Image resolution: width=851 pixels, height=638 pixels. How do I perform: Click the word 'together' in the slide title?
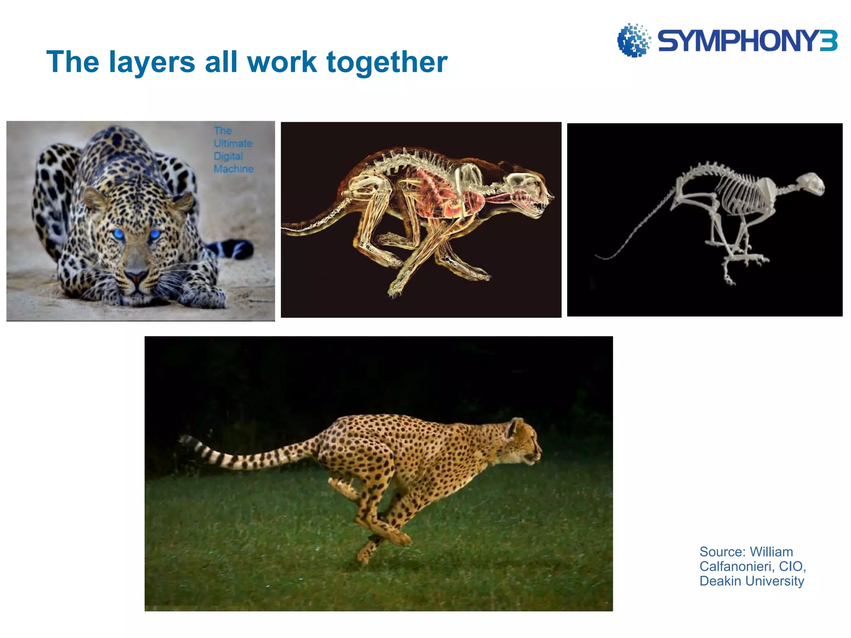click(x=387, y=62)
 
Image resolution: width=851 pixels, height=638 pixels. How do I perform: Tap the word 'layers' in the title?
click(x=152, y=62)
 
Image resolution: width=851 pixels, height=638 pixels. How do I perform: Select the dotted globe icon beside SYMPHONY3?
click(x=633, y=40)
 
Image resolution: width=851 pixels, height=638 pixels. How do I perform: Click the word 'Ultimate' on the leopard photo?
click(x=233, y=143)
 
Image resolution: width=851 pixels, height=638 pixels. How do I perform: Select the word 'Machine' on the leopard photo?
click(x=234, y=169)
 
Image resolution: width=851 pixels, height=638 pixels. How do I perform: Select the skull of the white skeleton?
click(x=811, y=184)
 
